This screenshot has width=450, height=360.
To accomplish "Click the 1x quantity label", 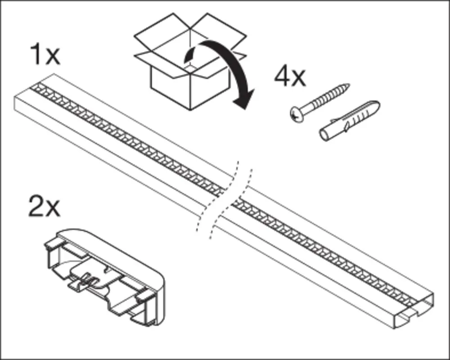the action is [x=45, y=54].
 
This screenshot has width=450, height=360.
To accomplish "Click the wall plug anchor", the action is [x=350, y=121].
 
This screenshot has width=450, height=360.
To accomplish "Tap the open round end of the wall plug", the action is [x=324, y=135].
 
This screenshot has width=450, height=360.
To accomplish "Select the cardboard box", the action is [x=190, y=61].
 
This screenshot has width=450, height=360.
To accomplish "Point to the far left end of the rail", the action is [x=14, y=103].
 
